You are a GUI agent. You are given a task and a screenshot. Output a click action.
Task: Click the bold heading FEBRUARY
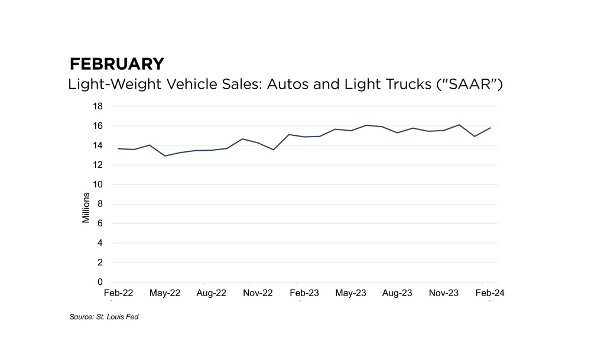pyautogui.click(x=117, y=64)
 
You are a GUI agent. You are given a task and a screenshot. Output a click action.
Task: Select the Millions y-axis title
pyautogui.click(x=86, y=207)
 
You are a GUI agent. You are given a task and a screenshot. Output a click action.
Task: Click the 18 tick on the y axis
pyautogui.click(x=98, y=106)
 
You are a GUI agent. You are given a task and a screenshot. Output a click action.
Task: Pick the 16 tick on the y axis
pyautogui.click(x=98, y=126)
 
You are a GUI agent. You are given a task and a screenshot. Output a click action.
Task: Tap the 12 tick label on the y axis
pyautogui.click(x=98, y=165)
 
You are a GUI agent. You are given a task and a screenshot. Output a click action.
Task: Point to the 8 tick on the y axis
pyautogui.click(x=100, y=204)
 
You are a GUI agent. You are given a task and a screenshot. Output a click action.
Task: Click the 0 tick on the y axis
pyautogui.click(x=100, y=282)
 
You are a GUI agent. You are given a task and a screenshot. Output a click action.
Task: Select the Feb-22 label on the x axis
pyautogui.click(x=118, y=293)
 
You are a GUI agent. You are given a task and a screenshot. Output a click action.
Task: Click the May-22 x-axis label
pyautogui.click(x=165, y=293)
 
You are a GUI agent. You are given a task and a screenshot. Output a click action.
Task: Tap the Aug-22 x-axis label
pyautogui.click(x=211, y=293)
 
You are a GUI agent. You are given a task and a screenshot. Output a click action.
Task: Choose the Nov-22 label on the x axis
pyautogui.click(x=258, y=293)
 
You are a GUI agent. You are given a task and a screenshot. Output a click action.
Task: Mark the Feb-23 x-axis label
pyautogui.click(x=304, y=293)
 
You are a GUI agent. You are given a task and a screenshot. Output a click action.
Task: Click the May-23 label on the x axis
pyautogui.click(x=350, y=293)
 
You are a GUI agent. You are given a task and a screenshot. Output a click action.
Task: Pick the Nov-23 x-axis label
pyautogui.click(x=444, y=293)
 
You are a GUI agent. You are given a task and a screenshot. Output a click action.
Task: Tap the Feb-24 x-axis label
pyautogui.click(x=490, y=293)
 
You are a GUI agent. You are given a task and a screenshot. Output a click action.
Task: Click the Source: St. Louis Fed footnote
pyautogui.click(x=104, y=317)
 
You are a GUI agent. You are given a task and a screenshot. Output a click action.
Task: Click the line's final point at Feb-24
pyautogui.click(x=490, y=128)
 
